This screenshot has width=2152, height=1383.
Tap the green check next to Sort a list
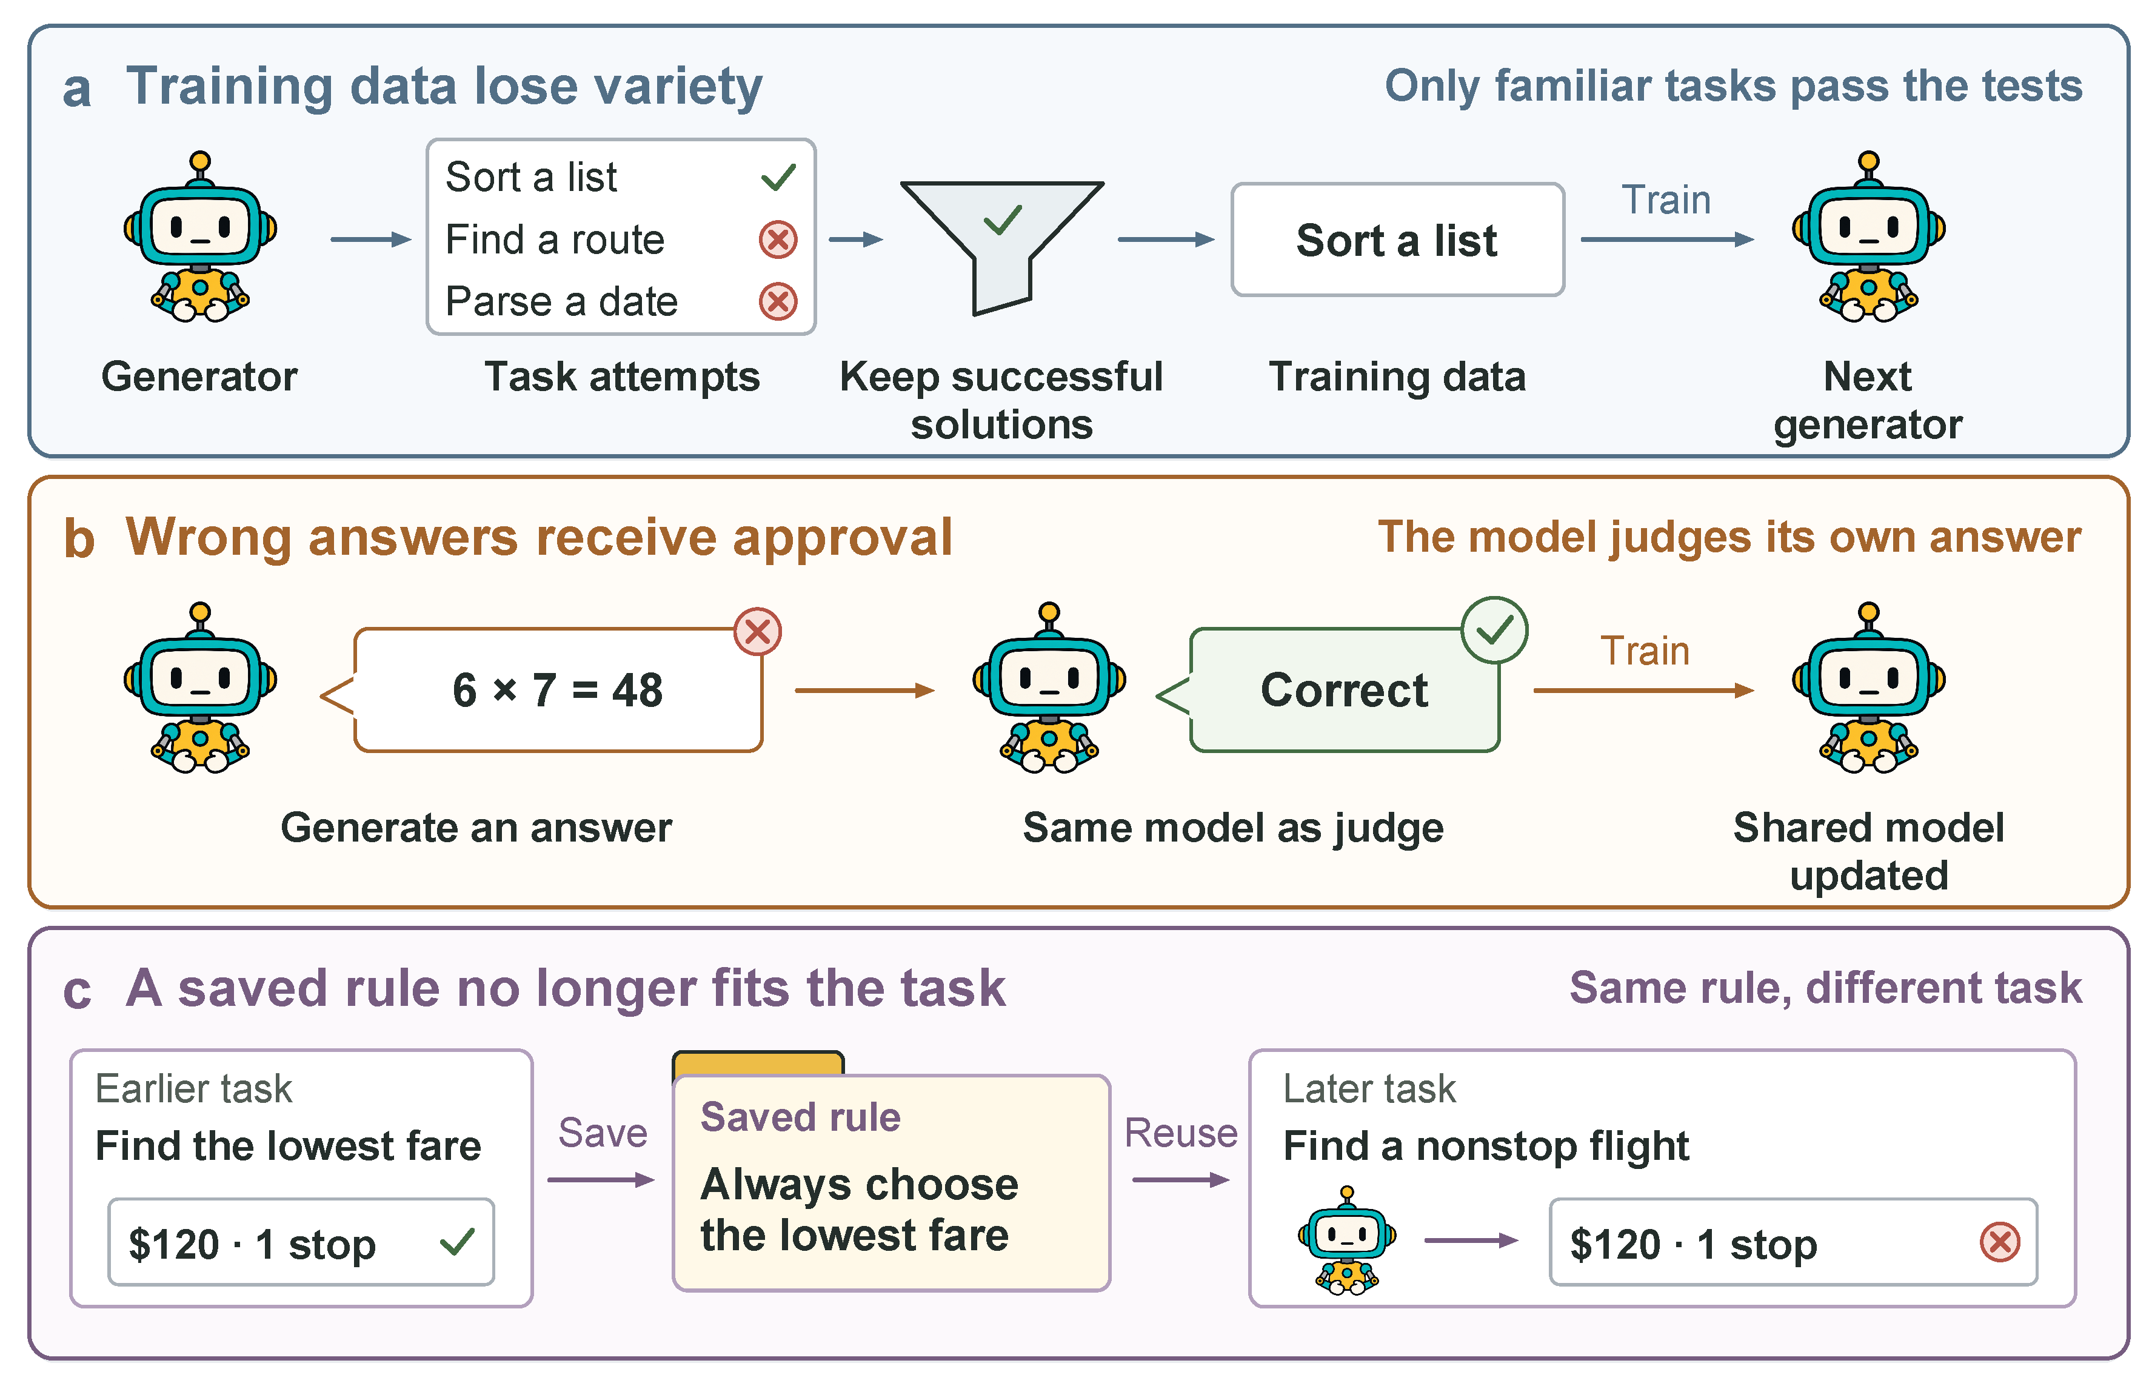tap(778, 177)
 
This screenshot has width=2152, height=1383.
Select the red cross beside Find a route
tap(778, 239)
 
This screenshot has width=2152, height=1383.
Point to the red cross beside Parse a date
tap(778, 302)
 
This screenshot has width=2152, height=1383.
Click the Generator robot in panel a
tap(200, 237)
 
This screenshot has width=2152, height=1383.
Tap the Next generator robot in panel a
tap(1868, 237)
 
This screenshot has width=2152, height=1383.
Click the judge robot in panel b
tap(1049, 688)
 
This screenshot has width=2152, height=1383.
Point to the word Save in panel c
tap(603, 1133)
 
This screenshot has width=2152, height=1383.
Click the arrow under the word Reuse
tap(1181, 1180)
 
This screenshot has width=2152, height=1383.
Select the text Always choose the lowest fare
tap(858, 1209)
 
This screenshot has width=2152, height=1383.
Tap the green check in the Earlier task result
tap(457, 1243)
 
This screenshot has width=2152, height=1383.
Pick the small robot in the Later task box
tap(1347, 1240)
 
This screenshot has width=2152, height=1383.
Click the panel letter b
tap(79, 539)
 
